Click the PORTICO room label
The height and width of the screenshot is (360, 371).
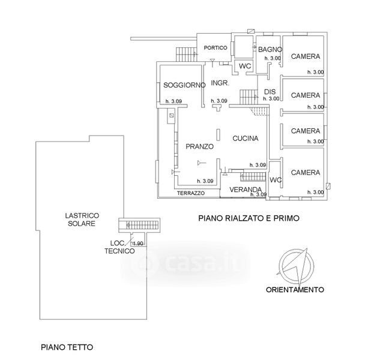[214, 47]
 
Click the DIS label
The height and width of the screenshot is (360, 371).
[269, 91]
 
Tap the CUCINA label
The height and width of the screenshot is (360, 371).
[246, 138]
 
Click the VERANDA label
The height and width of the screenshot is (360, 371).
[244, 190]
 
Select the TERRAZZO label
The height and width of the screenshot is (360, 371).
[191, 193]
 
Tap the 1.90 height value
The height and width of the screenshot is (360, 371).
[137, 243]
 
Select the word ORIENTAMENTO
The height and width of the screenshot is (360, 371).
[295, 289]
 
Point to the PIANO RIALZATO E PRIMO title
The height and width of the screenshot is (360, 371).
[249, 219]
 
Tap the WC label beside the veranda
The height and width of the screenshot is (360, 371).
[276, 179]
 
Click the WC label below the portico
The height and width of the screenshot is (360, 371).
[244, 66]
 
